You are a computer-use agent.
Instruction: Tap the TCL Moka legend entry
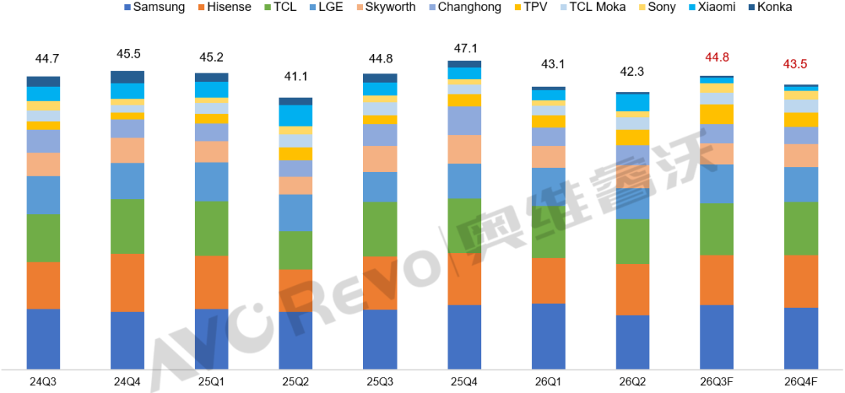tap(598, 8)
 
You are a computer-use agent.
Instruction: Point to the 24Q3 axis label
tap(43, 381)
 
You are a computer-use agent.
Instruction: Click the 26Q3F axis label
tap(717, 381)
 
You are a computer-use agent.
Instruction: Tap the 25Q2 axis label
tap(295, 381)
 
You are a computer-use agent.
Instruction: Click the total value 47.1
tap(463, 49)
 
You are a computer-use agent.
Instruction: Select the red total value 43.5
tap(800, 63)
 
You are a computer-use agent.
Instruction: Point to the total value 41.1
tap(296, 77)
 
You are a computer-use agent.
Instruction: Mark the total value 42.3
tap(632, 72)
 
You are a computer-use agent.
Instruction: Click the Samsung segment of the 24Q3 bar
tap(43, 339)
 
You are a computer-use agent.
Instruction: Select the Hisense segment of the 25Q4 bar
tap(464, 279)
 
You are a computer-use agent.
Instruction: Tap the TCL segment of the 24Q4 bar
tap(128, 226)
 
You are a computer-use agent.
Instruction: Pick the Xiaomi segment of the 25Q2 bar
tap(295, 116)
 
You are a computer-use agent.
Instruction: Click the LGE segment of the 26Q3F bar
tap(717, 184)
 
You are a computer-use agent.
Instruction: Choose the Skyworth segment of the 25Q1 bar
tap(211, 152)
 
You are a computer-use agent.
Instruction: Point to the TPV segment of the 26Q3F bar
tap(717, 114)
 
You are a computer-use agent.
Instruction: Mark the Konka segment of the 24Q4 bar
tap(128, 77)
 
